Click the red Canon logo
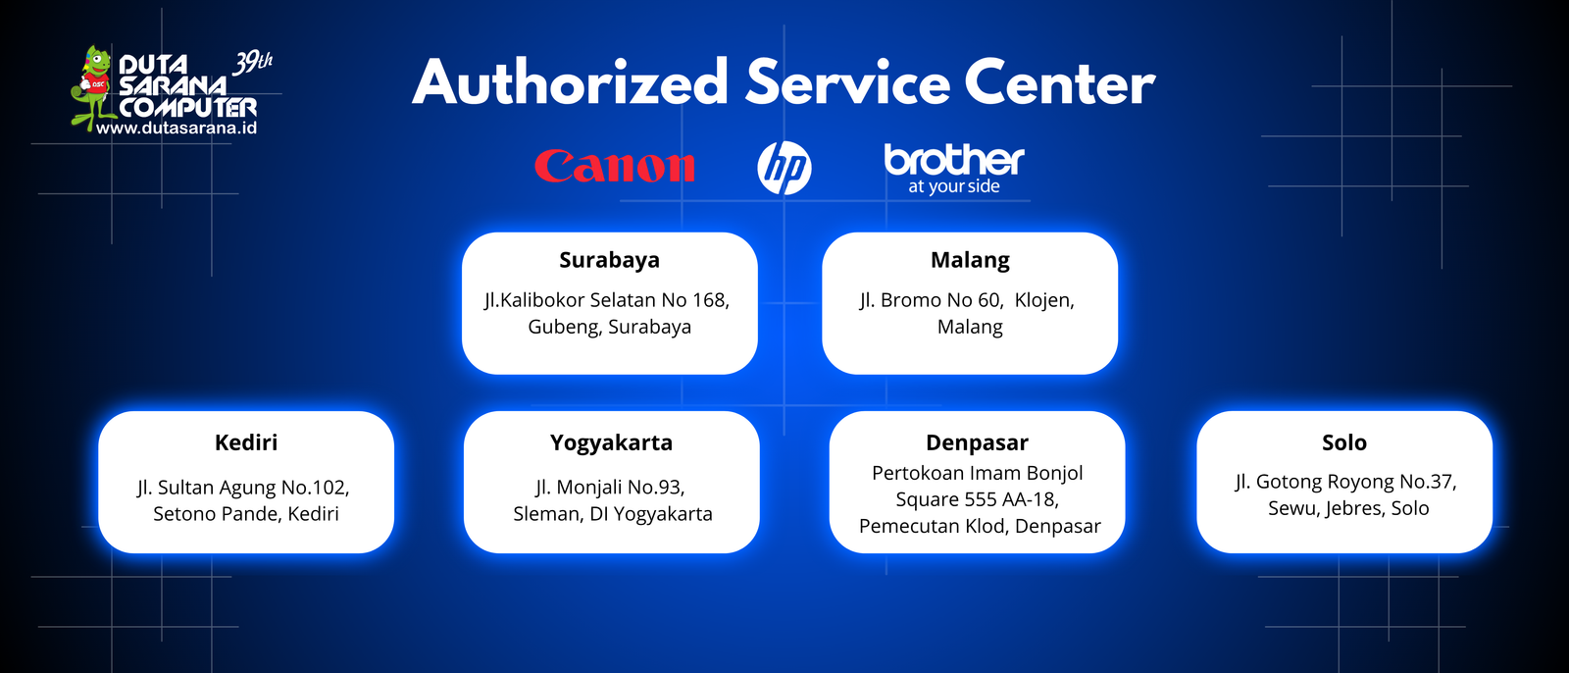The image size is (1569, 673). point(614,166)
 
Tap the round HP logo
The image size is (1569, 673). point(784,168)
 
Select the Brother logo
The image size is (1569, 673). point(954,169)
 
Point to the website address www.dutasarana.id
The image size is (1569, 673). point(177,129)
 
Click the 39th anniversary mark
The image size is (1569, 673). point(252,63)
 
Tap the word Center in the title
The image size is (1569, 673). point(1060,82)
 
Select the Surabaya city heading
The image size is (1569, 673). point(609,261)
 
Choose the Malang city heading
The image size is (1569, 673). point(970,261)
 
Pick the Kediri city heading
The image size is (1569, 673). point(246,442)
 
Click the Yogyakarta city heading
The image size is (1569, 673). point(612,443)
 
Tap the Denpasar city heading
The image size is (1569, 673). point(977,443)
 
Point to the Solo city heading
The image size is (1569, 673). point(1344,442)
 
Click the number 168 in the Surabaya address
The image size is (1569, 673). point(710,300)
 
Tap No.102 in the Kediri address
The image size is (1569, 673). point(314,488)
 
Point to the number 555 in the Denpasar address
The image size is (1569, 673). point(981,499)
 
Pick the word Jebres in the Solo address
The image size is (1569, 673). point(1355,508)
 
